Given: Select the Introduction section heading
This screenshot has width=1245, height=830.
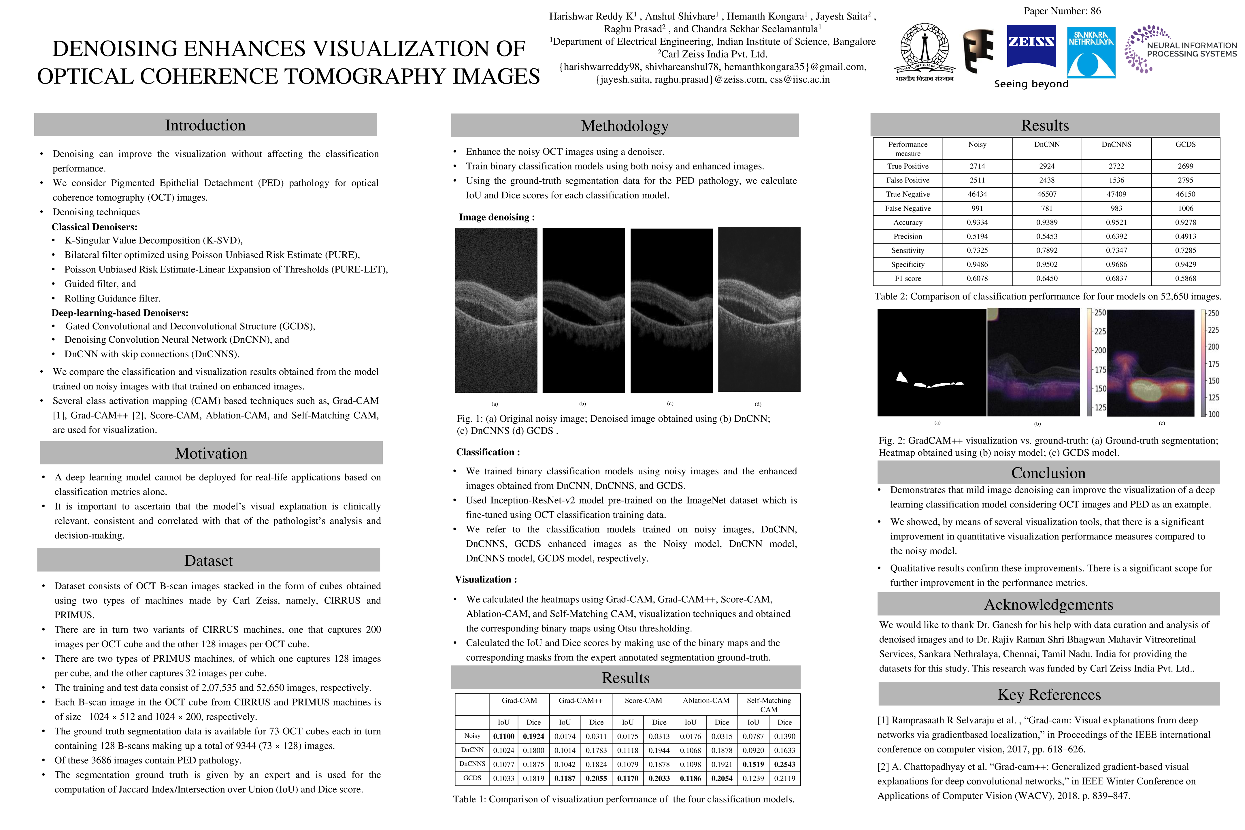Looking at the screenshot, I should pyautogui.click(x=205, y=125).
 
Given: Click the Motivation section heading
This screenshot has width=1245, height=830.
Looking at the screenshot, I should pyautogui.click(x=211, y=453).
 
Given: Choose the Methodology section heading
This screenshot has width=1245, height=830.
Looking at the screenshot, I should pyautogui.click(x=625, y=125).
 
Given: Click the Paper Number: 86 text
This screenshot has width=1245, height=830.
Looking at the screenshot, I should pyautogui.click(x=1062, y=11).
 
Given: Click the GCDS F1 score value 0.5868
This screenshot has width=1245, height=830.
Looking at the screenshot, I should pyautogui.click(x=1185, y=278).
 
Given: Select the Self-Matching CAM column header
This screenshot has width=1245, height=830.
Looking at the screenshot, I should pyautogui.click(x=769, y=705).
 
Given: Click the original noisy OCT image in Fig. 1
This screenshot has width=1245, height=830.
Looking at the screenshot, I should pyautogui.click(x=496, y=310).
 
